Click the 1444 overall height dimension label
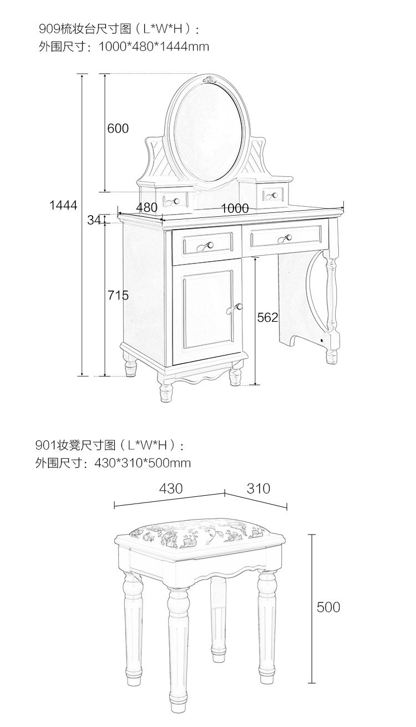[x=63, y=205]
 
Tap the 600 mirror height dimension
[x=118, y=129]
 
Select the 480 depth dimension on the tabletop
[x=147, y=207]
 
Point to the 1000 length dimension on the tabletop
[x=235, y=209]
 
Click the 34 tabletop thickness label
[x=94, y=220]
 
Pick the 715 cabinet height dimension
[x=118, y=296]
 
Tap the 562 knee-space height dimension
[x=267, y=317]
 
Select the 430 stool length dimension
[x=171, y=489]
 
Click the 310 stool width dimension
[x=258, y=489]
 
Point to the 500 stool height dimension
[x=328, y=607]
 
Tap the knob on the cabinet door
[x=238, y=307]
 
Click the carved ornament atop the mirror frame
[x=211, y=79]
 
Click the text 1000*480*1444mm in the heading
[x=154, y=47]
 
